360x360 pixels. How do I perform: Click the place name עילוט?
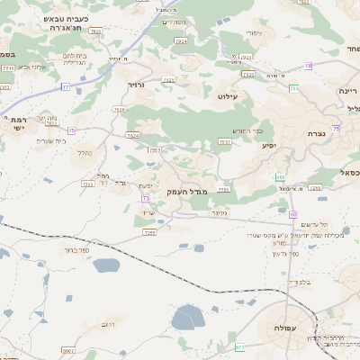(x=227, y=94)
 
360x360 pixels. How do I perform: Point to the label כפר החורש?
(x=232, y=130)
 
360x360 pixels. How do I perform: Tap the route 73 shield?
(x=144, y=198)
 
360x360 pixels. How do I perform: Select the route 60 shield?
(x=293, y=214)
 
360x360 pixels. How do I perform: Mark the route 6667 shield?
(x=67, y=349)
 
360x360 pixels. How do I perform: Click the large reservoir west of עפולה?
(x=188, y=318)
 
